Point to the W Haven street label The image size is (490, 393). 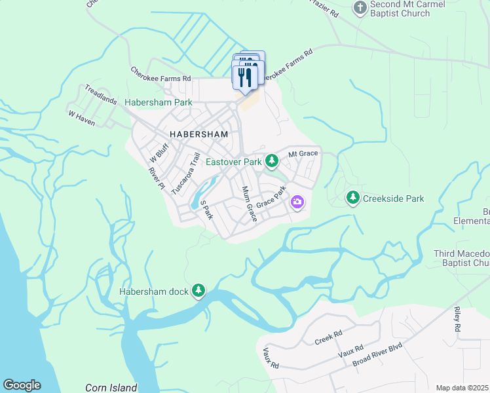[x=81, y=118]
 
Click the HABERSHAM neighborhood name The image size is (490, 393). [x=198, y=134]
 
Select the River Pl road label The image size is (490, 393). [x=156, y=178]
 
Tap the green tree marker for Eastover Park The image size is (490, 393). [x=271, y=160]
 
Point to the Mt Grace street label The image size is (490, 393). [x=303, y=153]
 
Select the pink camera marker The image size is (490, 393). [x=297, y=202]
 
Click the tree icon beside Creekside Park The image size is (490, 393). [x=353, y=197]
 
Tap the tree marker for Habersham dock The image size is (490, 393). [x=198, y=290]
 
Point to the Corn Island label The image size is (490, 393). [x=111, y=388]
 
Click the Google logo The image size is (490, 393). [x=22, y=385]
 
